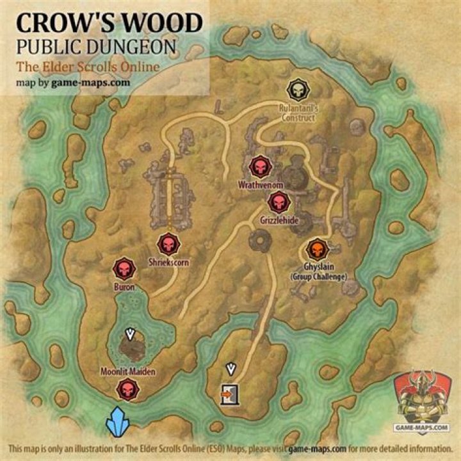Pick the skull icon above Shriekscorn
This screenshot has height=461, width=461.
tap(168, 244)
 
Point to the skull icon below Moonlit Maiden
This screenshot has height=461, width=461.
tap(127, 389)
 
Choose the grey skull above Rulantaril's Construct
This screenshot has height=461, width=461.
tap(297, 89)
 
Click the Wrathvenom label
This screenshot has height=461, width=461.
tap(261, 184)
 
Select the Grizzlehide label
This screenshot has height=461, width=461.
tap(279, 220)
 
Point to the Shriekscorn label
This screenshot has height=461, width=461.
tap(167, 262)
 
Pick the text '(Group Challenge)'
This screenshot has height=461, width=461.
tap(318, 277)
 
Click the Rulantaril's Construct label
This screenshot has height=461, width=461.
tap(297, 113)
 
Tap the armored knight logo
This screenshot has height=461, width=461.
tap(421, 400)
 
